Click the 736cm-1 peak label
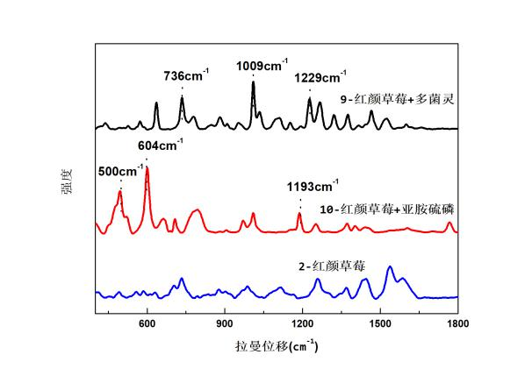point(183,76)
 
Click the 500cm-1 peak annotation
point(119,172)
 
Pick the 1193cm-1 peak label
point(313,187)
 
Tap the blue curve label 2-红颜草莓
point(332,263)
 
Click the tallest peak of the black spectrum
point(253,82)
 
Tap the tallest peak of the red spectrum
point(147,167)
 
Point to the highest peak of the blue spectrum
point(390,266)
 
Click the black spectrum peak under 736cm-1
point(182,98)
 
